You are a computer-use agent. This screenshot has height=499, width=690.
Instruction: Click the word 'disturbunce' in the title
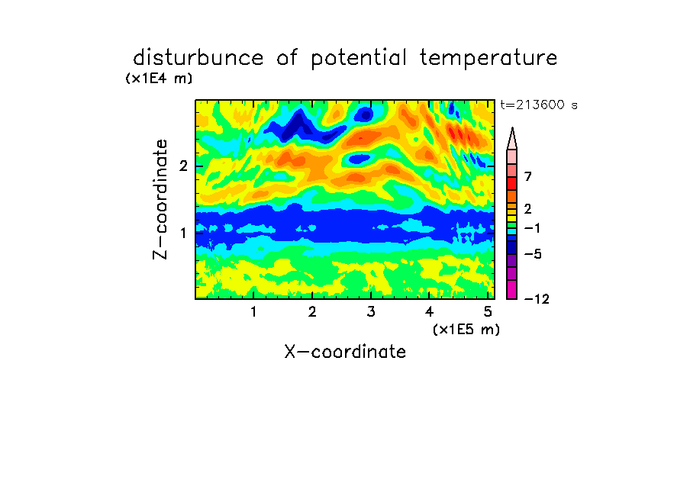[x=198, y=58]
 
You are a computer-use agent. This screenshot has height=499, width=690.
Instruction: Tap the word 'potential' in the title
[x=359, y=59]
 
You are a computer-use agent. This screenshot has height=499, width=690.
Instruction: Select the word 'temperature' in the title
[x=488, y=59]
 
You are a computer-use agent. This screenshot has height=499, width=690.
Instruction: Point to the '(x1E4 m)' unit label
[x=159, y=79]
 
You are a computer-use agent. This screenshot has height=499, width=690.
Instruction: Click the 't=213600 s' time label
[x=539, y=105]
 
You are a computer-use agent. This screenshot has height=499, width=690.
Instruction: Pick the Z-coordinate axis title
[x=160, y=199]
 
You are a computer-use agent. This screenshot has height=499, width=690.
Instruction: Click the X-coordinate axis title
[x=345, y=352]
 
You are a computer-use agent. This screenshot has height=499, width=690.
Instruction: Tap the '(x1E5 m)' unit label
[x=466, y=330]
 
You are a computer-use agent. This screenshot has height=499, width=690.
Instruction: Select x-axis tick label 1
[x=253, y=312]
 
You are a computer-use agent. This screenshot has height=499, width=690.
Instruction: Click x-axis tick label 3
[x=371, y=312]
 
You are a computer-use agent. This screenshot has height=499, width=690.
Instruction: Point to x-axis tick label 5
[x=488, y=312]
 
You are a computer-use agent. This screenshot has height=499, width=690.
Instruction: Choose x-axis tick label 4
[x=429, y=312]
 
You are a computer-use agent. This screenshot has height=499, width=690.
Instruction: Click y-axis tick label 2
[x=183, y=166]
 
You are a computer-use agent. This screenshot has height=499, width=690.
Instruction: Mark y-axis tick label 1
[x=183, y=233]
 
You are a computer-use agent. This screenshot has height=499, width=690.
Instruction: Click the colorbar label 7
[x=528, y=177]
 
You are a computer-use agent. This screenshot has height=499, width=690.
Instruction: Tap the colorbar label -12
[x=537, y=299]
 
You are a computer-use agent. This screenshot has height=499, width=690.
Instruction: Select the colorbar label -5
[x=533, y=254]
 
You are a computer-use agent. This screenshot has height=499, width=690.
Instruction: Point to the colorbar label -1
[x=533, y=228]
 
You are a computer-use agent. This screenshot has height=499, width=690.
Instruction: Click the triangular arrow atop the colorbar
[x=512, y=139]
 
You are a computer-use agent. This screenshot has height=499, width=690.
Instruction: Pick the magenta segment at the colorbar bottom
[x=512, y=290]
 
